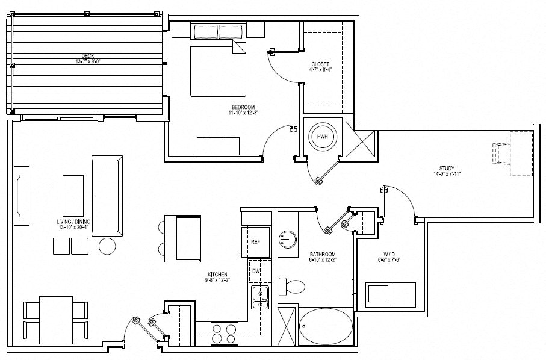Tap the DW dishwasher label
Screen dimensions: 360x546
[255, 272]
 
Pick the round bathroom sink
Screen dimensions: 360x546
[288, 240]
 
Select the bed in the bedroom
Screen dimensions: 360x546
[219, 60]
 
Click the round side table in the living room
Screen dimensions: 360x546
[108, 246]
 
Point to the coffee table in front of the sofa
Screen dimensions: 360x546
[73, 194]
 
